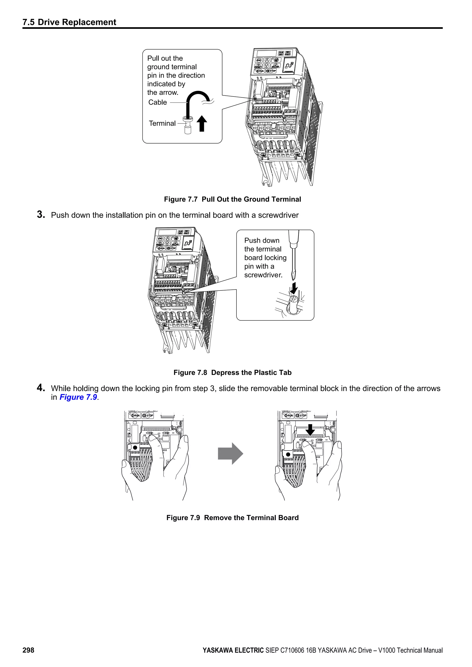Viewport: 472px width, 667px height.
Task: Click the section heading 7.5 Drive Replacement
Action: pyautogui.click(x=69, y=22)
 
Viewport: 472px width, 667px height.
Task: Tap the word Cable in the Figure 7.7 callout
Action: pyautogui.click(x=158, y=102)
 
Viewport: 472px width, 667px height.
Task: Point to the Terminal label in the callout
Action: pyautogui.click(x=162, y=123)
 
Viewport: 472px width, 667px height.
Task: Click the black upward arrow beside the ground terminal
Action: pyautogui.click(x=202, y=123)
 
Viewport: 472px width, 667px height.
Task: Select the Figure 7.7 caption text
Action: pyautogui.click(x=233, y=199)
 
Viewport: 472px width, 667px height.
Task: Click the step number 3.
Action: pyautogui.click(x=41, y=215)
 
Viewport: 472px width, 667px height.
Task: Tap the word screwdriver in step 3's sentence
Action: pyautogui.click(x=278, y=215)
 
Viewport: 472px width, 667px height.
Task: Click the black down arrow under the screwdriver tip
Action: pyautogui.click(x=294, y=288)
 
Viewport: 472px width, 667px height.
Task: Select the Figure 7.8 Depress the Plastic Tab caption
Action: pyautogui.click(x=233, y=373)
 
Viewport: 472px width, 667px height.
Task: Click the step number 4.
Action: pyautogui.click(x=41, y=388)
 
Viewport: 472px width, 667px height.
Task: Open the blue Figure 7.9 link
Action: pyautogui.click(x=78, y=397)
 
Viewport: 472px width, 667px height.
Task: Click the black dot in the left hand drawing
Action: pyautogui.click(x=135, y=448)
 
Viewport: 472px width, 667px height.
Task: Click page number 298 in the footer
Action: pyautogui.click(x=29, y=650)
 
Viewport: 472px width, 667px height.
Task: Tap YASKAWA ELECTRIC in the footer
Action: pyautogui.click(x=233, y=650)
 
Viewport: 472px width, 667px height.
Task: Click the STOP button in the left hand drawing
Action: pyautogui.click(x=148, y=416)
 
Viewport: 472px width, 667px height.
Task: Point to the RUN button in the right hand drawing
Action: pyautogui.click(x=288, y=416)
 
